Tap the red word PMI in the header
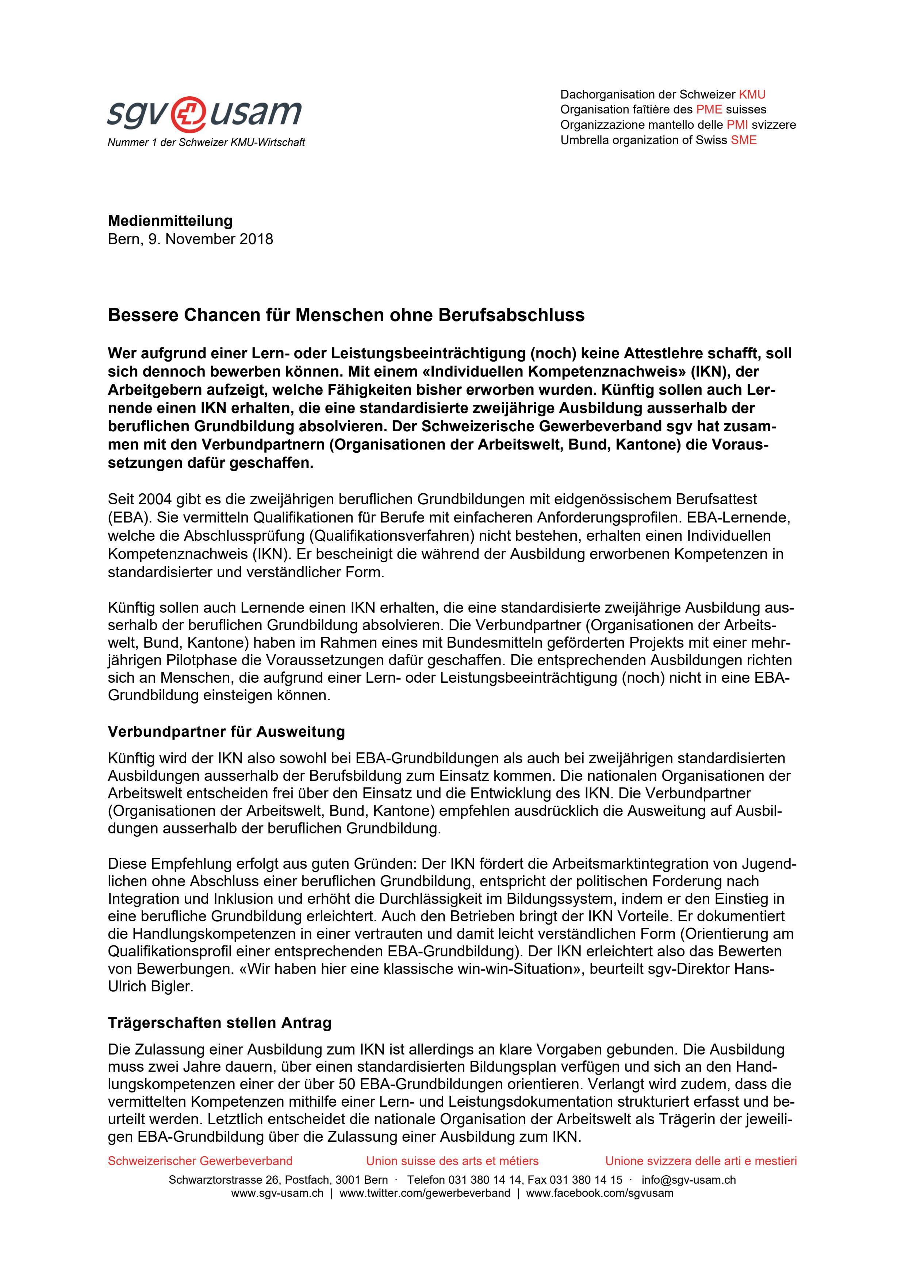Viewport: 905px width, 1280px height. pos(737,125)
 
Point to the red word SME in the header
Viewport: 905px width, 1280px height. pos(744,140)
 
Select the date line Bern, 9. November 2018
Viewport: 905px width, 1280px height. pos(190,239)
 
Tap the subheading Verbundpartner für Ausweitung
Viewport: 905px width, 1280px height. pos(226,732)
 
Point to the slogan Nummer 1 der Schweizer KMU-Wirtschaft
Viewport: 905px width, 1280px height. pos(206,143)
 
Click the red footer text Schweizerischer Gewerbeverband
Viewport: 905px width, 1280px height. pos(200,1161)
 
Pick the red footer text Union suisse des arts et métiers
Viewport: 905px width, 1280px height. pos(452,1161)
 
